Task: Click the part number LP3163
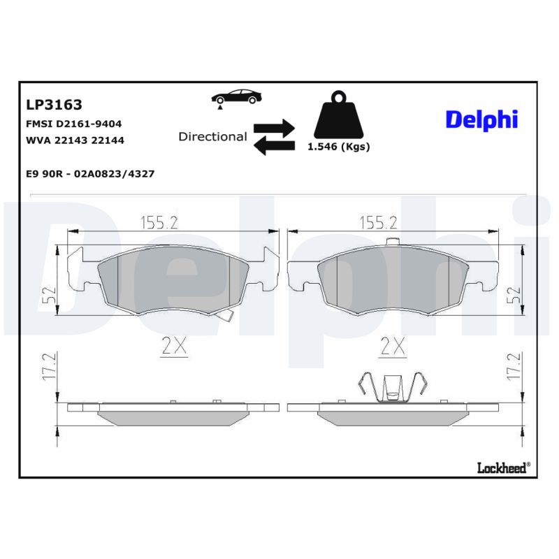54,105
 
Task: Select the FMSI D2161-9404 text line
73,124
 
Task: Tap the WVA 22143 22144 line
75,140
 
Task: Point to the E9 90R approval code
90,173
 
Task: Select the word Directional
212,136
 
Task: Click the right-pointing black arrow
274,126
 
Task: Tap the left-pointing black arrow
274,145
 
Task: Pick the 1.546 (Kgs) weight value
339,147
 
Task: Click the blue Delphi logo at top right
481,119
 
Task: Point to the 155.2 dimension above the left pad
159,222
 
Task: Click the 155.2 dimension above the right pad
378,222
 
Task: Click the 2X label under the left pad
173,346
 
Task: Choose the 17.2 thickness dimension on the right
514,367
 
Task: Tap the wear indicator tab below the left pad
225,317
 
